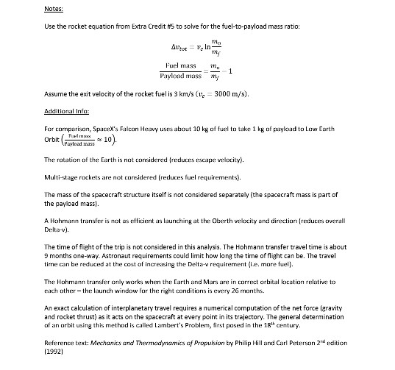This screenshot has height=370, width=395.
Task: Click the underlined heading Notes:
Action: tap(54, 9)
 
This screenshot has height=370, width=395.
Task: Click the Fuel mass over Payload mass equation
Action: tap(197, 76)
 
